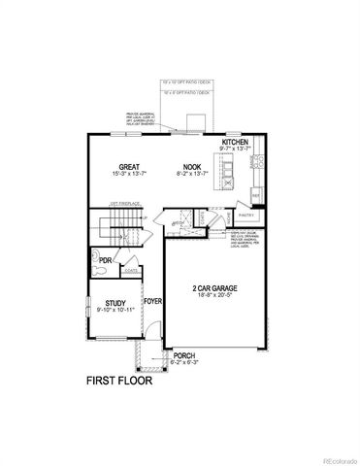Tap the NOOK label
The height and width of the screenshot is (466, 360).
(188, 166)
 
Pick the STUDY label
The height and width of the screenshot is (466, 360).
(115, 304)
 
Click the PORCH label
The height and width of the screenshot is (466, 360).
(184, 356)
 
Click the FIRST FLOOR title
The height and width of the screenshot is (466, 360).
(119, 381)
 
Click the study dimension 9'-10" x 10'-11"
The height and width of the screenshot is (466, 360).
(115, 312)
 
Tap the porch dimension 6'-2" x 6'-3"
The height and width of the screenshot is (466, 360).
(184, 363)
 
